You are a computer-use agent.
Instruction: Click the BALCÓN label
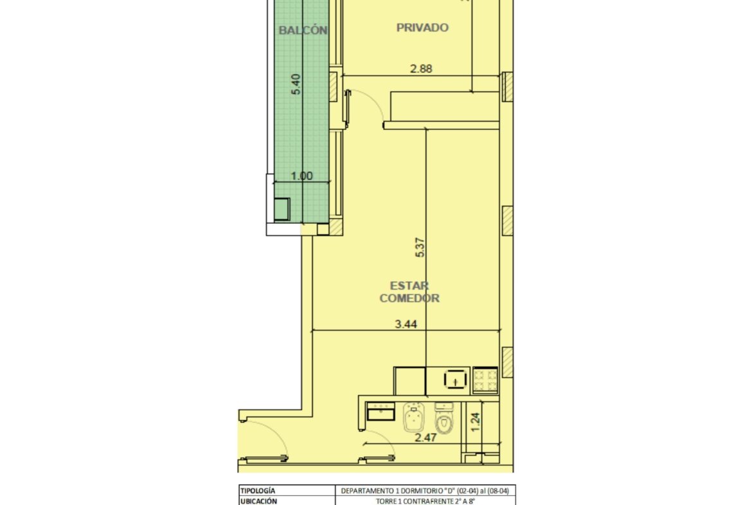[x=303, y=30]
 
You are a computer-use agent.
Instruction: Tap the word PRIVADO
[x=422, y=28]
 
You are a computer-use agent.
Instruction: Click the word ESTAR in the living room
[x=409, y=286]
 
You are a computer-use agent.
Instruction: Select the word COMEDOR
[x=409, y=298]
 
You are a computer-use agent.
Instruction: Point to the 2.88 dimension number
[x=421, y=69]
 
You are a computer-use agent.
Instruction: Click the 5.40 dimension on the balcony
[x=296, y=84]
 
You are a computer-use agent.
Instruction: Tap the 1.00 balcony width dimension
[x=301, y=176]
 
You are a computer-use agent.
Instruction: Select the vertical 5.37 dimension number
[x=420, y=248]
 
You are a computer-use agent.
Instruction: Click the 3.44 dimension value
[x=406, y=324]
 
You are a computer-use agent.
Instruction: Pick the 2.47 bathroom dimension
[x=425, y=437]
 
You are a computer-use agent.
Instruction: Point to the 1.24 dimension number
[x=475, y=423]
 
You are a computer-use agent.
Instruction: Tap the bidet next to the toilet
[x=413, y=417]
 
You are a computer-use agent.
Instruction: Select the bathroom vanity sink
[x=380, y=411]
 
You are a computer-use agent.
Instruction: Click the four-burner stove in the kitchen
[x=485, y=380]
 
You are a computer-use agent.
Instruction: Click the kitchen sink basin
[x=456, y=379]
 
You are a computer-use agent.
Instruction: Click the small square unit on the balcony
[x=282, y=209]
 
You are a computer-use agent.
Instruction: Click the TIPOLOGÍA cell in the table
[x=258, y=491]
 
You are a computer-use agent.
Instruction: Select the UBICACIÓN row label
[x=259, y=501]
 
